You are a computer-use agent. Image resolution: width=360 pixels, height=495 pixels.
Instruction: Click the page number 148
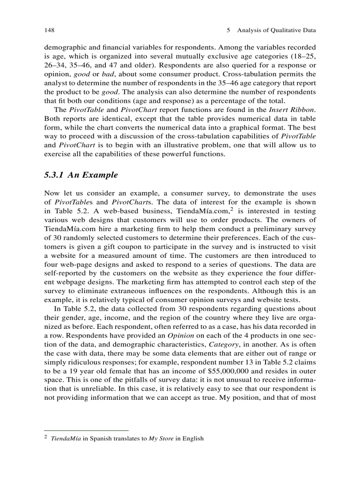[49, 30]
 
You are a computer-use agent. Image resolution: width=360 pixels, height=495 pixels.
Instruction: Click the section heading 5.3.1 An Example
[81, 175]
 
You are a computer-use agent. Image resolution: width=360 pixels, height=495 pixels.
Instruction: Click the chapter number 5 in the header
[228, 30]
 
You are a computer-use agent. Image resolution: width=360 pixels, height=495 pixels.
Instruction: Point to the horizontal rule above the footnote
[86, 430]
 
